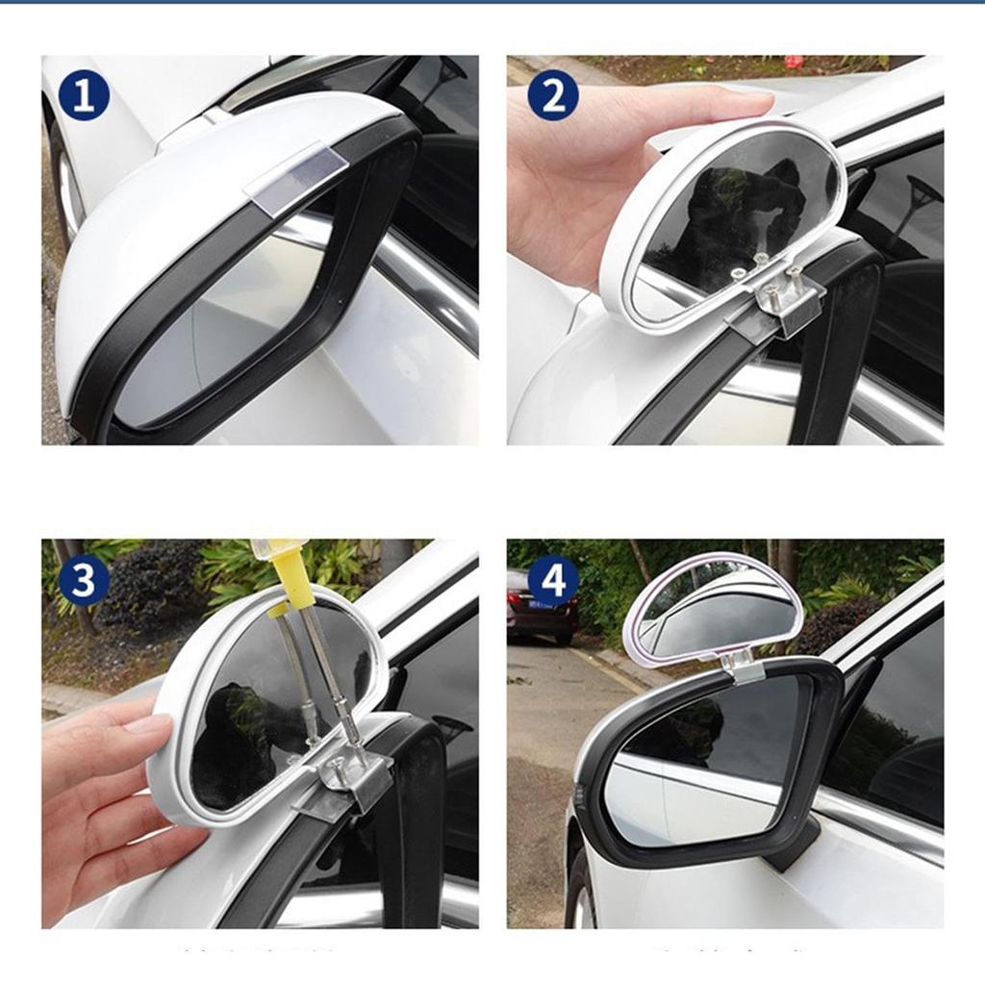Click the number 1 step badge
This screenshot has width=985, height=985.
point(84,96)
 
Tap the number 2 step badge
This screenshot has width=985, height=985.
point(553,96)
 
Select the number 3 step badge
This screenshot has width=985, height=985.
point(84,581)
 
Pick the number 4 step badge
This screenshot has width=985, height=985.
point(553,581)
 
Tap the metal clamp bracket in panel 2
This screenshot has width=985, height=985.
point(781,300)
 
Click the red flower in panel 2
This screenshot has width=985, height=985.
point(794,63)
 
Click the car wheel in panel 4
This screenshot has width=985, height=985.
point(581,890)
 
